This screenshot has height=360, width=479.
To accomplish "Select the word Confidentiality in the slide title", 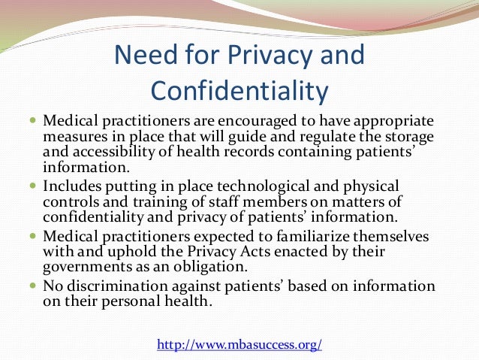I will click(x=239, y=90).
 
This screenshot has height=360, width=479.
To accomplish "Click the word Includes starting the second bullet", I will click(x=72, y=185).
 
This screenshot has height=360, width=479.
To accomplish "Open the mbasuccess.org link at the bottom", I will click(x=239, y=345).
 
